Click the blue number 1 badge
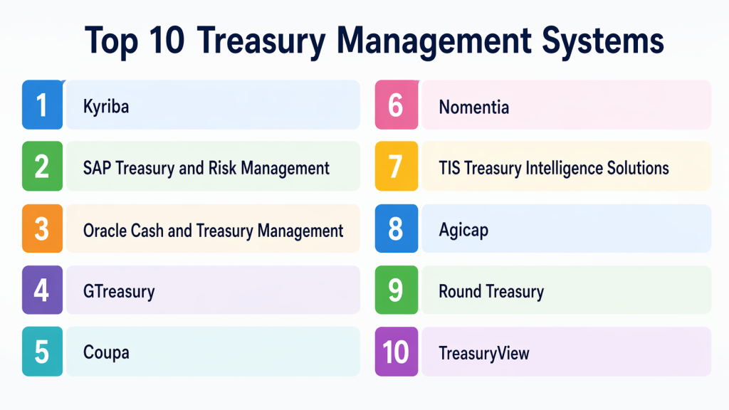pyautogui.click(x=42, y=105)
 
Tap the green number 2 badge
pyautogui.click(x=42, y=166)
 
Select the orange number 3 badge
pyautogui.click(x=42, y=228)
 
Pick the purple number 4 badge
pyautogui.click(x=42, y=290)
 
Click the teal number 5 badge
pyautogui.click(x=42, y=351)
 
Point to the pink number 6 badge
pyautogui.click(x=397, y=105)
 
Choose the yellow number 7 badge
pyautogui.click(x=397, y=166)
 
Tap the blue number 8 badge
pyautogui.click(x=397, y=228)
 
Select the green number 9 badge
pyautogui.click(x=397, y=290)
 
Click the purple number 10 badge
pyautogui.click(x=397, y=351)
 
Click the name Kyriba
pyautogui.click(x=106, y=107)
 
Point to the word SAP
pyautogui.click(x=97, y=168)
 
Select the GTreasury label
pyautogui.click(x=119, y=292)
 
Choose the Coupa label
pyautogui.click(x=106, y=353)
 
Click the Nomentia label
pyautogui.click(x=473, y=107)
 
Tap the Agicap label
pyautogui.click(x=463, y=231)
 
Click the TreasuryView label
pyautogui.click(x=484, y=353)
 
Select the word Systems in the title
pyautogui.click(x=603, y=41)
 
